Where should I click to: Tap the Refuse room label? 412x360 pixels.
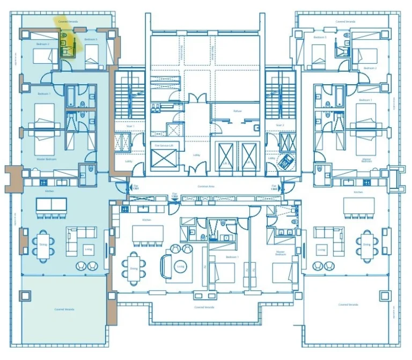[x=237, y=111]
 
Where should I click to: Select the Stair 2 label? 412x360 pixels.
[x=279, y=125]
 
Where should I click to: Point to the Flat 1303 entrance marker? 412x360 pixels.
[x=275, y=188]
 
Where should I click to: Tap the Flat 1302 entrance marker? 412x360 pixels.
[x=174, y=196]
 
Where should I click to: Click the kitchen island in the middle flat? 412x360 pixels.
[x=148, y=233]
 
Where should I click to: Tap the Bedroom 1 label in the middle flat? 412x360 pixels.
[x=232, y=258]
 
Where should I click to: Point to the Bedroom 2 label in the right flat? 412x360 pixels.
[x=370, y=69]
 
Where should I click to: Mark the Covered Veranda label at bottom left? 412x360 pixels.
[x=64, y=310]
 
